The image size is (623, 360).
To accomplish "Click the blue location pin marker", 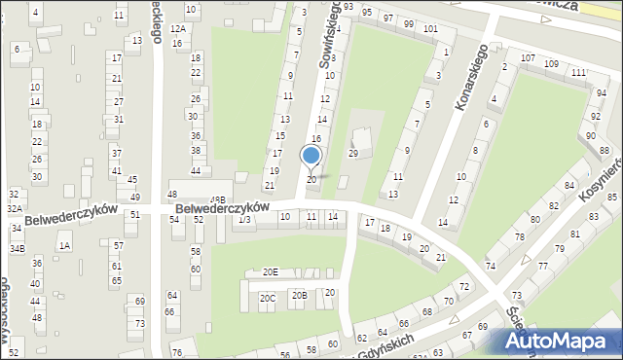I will [x=311, y=156].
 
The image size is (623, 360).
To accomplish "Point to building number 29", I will [x=353, y=154].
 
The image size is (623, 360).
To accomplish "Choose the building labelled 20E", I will [x=270, y=272].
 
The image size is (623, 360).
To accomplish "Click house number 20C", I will [x=267, y=299].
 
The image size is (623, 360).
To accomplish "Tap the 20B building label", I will [x=300, y=295].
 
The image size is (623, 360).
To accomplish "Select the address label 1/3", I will [x=245, y=219].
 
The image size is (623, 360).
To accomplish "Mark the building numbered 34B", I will [x=18, y=249].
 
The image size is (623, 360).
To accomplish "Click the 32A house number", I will [x=15, y=208].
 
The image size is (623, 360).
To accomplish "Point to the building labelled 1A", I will [x=64, y=246].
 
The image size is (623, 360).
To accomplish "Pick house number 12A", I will [x=177, y=29].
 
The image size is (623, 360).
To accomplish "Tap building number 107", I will [x=528, y=58].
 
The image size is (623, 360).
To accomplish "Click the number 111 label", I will [x=578, y=73].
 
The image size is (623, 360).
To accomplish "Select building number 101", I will [x=430, y=28].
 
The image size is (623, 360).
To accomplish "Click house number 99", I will [x=408, y=22].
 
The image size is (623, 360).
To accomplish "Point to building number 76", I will [x=177, y=351].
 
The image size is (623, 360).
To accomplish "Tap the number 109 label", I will [x=552, y=64].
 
